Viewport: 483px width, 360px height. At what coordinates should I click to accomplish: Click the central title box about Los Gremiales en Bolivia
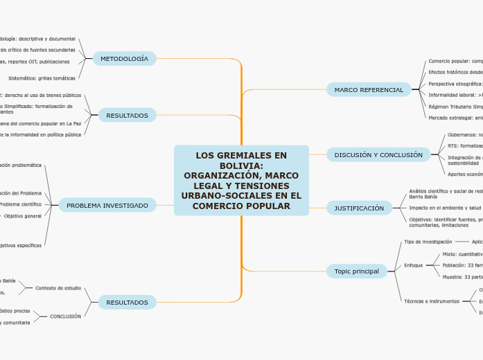click(x=241, y=180)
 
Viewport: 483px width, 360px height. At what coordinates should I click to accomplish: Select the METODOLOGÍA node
click(x=125, y=59)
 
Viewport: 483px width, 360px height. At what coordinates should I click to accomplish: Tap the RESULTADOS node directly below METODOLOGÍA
click(x=127, y=115)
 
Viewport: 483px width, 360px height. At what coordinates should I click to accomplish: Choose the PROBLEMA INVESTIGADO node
click(x=107, y=205)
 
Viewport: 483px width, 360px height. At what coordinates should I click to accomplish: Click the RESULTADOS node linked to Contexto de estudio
click(x=127, y=303)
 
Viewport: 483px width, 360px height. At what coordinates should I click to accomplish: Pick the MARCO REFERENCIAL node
click(x=369, y=90)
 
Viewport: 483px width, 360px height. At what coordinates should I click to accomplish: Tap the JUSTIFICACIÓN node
click(x=359, y=208)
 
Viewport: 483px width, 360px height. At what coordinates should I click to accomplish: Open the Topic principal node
click(x=357, y=271)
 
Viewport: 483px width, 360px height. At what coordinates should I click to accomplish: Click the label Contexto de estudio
click(x=58, y=287)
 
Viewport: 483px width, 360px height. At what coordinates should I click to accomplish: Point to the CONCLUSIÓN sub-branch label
click(x=65, y=316)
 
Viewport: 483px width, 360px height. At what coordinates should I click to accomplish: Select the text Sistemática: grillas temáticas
click(x=42, y=78)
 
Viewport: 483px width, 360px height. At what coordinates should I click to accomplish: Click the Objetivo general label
click(x=23, y=216)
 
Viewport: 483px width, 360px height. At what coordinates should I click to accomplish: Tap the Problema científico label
click(x=20, y=204)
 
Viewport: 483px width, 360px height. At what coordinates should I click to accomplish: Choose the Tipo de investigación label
click(x=428, y=242)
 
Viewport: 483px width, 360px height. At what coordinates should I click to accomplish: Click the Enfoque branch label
click(x=413, y=265)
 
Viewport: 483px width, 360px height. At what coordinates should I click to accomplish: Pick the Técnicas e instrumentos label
click(x=431, y=301)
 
